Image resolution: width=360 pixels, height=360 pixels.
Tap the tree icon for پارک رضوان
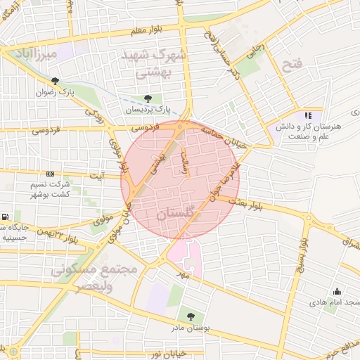coord(55,81)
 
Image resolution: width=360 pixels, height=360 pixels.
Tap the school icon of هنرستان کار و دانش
coord(307,115)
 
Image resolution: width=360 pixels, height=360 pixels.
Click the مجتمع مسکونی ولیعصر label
coord(77,277)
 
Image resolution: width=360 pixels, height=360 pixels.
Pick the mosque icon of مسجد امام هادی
coord(336,292)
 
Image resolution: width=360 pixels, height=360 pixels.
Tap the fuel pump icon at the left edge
coord(6,217)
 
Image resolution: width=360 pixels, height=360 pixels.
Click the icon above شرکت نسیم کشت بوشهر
coord(50,174)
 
